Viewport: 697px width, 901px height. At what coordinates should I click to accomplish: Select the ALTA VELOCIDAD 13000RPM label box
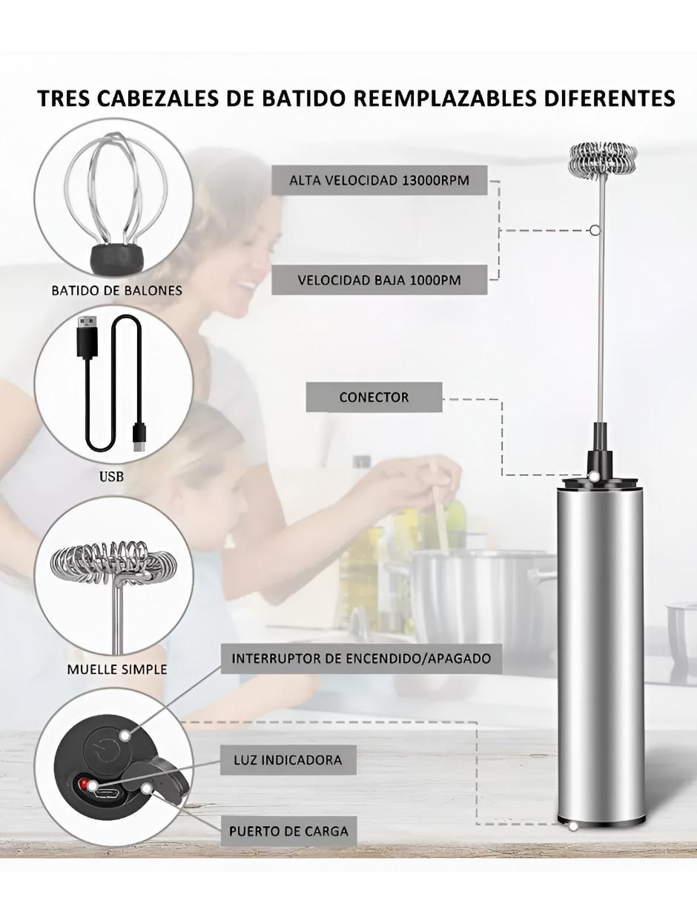379,180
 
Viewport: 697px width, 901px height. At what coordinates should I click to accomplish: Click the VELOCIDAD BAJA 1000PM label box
379,280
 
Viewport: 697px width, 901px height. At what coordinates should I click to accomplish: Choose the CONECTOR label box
374,397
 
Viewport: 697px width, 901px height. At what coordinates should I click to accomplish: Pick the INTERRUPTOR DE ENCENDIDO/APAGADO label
361,659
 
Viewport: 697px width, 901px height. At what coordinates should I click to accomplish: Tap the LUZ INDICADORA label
288,760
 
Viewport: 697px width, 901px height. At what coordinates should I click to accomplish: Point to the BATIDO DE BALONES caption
117,290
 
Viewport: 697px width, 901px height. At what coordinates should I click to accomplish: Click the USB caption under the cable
111,477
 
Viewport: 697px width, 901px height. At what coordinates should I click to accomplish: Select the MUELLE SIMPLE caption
117,669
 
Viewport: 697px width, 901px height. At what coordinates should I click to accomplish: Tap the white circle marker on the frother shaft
595,229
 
